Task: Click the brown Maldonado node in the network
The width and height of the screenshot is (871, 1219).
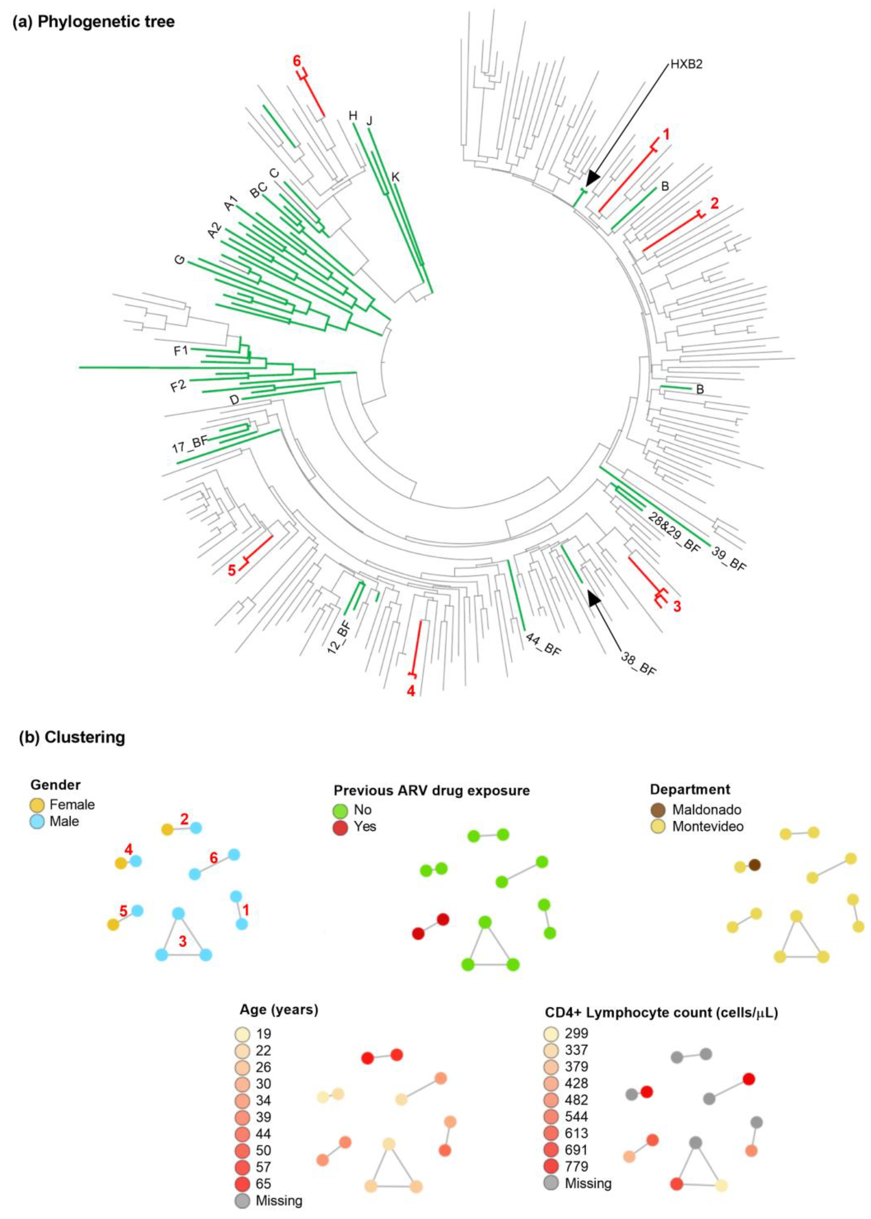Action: pos(754,865)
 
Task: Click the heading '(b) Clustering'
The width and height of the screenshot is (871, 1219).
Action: pos(72,737)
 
